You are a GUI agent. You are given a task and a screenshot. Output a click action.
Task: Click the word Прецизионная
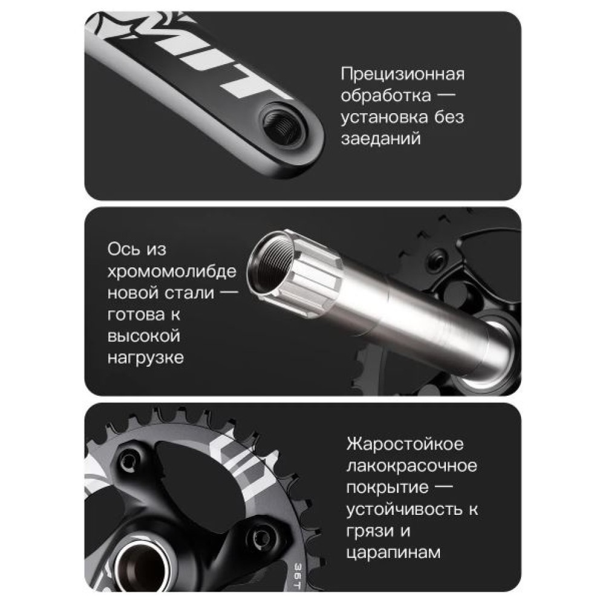402,74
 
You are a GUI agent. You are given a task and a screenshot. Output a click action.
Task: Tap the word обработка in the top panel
385,96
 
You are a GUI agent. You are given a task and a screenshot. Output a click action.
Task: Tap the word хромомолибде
172,271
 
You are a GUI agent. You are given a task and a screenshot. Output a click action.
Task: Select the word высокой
143,336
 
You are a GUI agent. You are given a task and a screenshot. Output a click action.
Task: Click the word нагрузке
145,358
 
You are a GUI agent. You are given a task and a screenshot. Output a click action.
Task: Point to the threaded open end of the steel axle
270,264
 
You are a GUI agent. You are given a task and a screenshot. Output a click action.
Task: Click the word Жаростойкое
405,443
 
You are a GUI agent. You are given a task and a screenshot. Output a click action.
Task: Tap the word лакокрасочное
411,466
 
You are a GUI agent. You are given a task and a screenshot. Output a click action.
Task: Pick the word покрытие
387,487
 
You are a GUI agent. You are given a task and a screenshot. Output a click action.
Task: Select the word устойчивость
404,509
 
